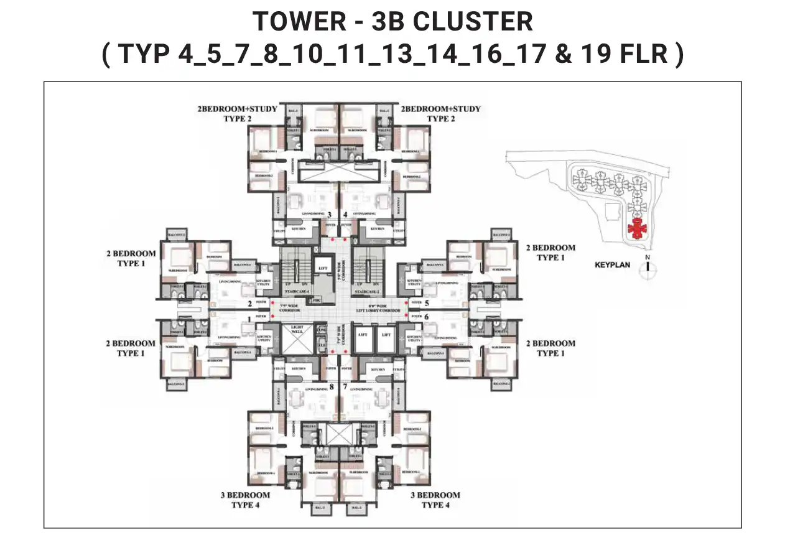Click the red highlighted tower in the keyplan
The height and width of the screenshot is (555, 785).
click(x=636, y=230)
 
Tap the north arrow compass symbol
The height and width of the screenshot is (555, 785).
click(x=648, y=266)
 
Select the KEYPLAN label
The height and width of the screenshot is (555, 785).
click(x=612, y=265)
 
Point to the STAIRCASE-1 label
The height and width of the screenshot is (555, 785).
click(x=297, y=291)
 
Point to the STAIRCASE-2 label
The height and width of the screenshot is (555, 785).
click(x=368, y=291)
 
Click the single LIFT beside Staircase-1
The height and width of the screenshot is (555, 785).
click(x=323, y=269)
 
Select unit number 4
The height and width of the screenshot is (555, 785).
click(x=345, y=215)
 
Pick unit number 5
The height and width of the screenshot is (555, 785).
click(x=427, y=303)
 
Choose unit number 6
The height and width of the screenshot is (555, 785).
click(x=427, y=316)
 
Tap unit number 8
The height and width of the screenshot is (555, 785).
click(x=332, y=386)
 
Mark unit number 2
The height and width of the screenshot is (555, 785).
click(x=249, y=304)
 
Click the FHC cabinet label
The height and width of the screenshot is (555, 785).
click(x=317, y=301)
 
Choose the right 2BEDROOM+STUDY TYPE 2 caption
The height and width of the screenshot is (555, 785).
click(x=441, y=113)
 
